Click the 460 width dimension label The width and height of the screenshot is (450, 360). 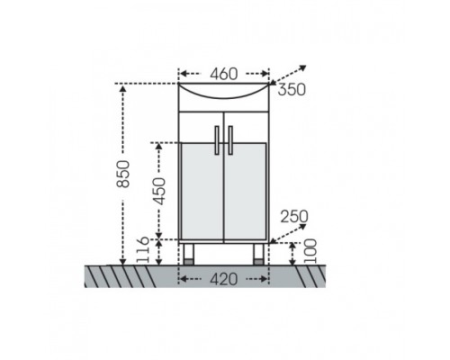point(224,74)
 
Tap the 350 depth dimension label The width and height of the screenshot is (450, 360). point(292,89)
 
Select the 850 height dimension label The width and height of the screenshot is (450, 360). point(123,174)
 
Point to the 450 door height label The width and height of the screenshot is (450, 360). point(158,191)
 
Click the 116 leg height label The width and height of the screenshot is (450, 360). point(142,250)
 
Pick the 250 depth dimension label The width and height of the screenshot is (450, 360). point(294,217)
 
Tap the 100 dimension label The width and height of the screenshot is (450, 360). point(310,251)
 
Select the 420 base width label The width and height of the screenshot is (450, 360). point(224,280)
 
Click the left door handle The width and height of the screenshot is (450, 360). point(217,140)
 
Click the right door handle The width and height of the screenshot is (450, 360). point(230,140)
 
